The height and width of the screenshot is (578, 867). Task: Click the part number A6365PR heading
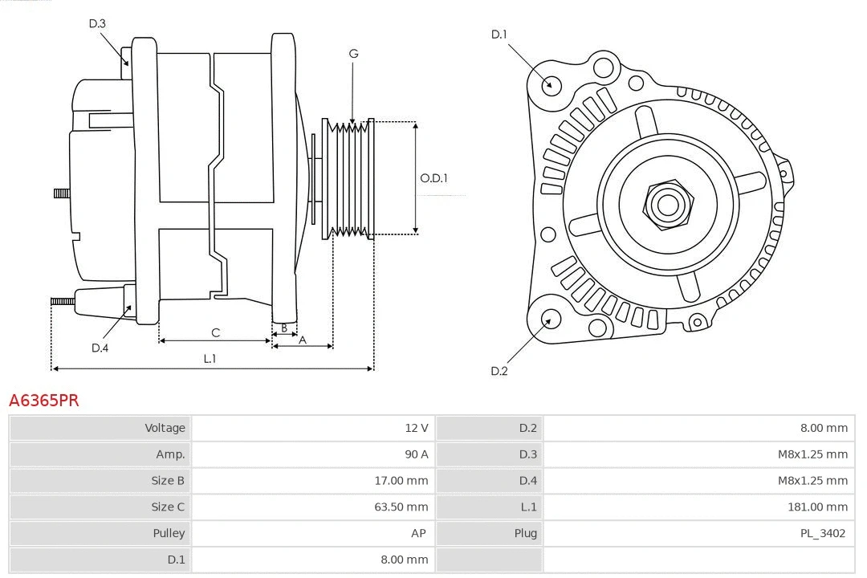tap(44, 400)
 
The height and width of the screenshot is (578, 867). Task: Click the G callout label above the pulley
tap(353, 54)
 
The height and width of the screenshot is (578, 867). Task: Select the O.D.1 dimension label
tap(433, 178)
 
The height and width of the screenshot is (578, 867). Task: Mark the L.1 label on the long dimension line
tap(210, 359)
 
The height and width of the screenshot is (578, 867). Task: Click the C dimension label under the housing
tap(215, 332)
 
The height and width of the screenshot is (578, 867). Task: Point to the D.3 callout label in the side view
tap(97, 23)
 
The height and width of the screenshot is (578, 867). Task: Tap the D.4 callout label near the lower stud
tap(100, 348)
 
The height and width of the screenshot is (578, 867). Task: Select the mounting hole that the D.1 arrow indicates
tap(552, 84)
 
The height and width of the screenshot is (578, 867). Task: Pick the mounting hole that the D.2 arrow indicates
tap(550, 320)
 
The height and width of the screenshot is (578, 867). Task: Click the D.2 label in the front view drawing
tap(499, 371)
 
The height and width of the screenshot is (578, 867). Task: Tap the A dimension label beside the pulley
tap(303, 340)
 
